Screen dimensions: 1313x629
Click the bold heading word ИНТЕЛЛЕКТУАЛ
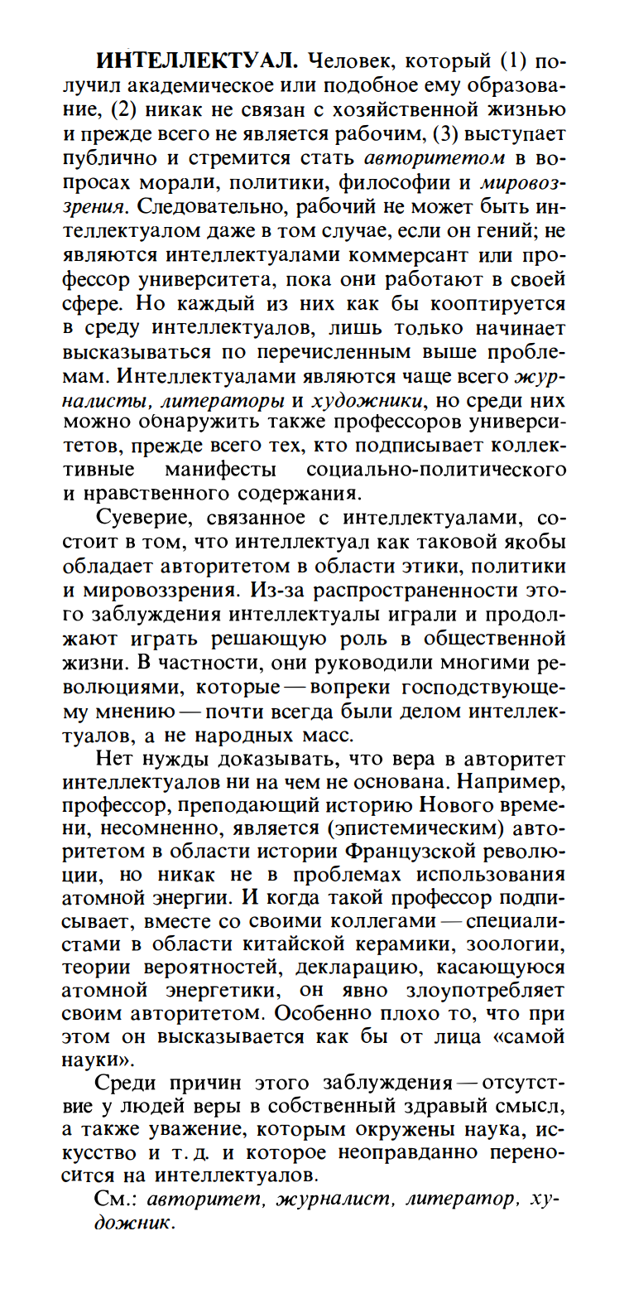point(196,62)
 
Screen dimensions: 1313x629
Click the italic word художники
point(367,400)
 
